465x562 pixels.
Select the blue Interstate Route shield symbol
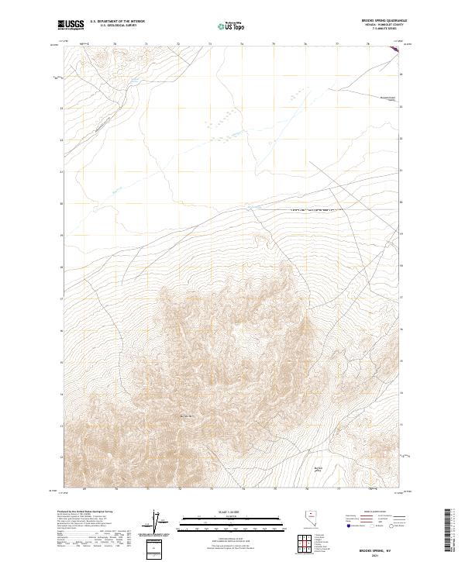(x=347, y=526)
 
